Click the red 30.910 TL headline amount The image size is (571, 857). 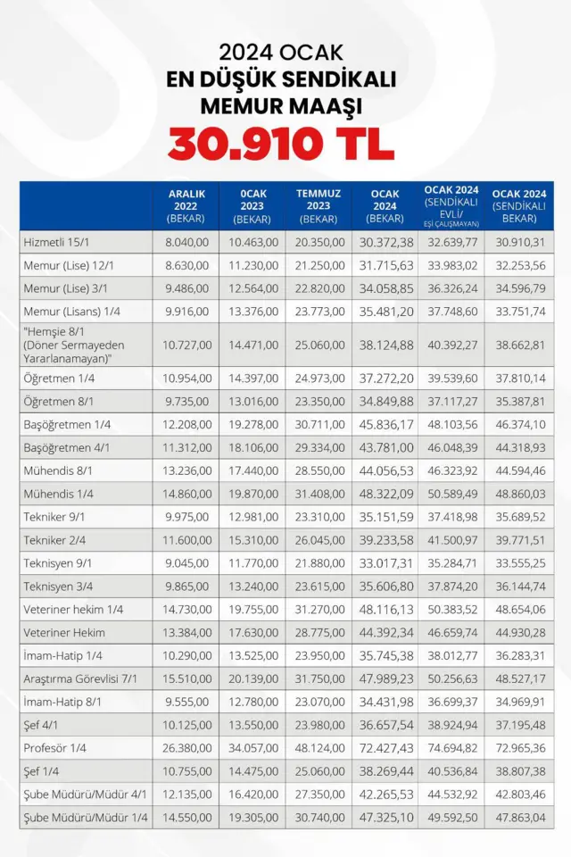pos(282,143)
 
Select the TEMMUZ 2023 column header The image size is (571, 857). pos(319,205)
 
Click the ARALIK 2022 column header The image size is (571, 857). pos(186,205)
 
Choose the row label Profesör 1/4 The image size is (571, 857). pos(56,748)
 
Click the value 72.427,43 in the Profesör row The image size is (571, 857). pos(385,748)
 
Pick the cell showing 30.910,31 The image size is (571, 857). pos(518,242)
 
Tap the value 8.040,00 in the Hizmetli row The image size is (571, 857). pos(186,242)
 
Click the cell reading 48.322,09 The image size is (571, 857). pos(385,493)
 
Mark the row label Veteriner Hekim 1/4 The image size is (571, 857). pos(74,609)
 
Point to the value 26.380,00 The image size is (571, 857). pos(186,748)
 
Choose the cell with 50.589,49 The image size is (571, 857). pos(451,493)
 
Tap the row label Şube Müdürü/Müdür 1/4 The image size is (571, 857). pos(86,818)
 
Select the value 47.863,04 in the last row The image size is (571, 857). pos(518,818)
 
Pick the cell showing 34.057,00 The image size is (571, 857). pos(253,748)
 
